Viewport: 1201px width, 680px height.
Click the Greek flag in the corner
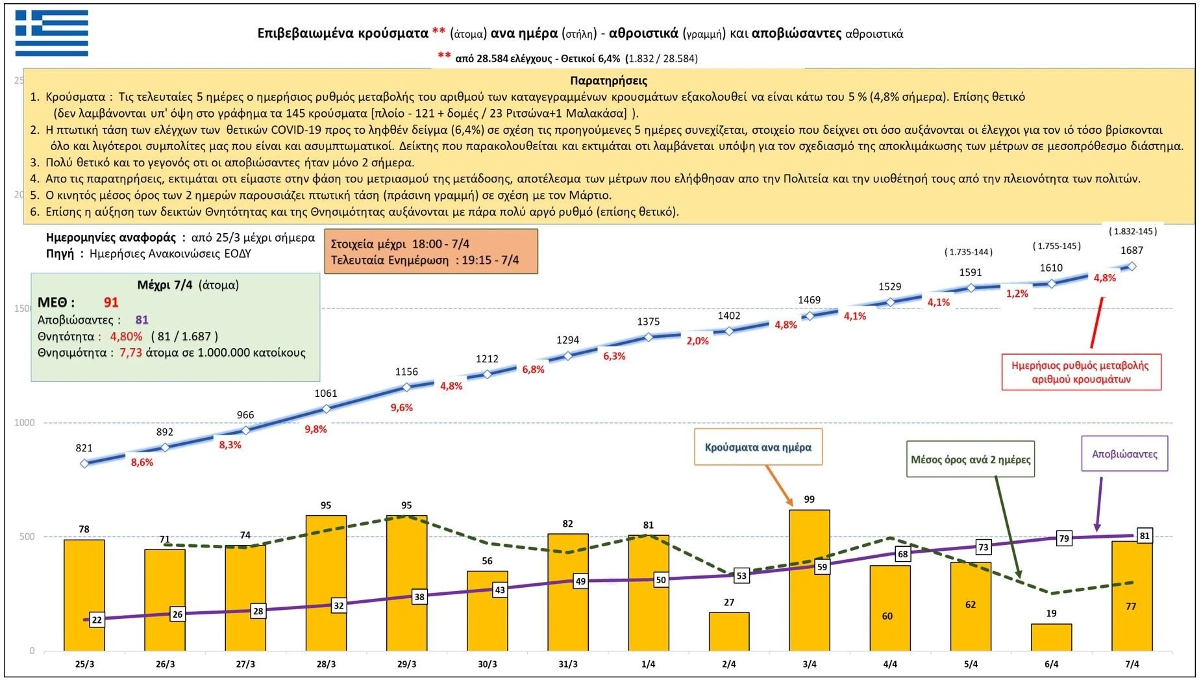(52, 33)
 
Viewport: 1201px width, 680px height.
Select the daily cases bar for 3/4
(810, 580)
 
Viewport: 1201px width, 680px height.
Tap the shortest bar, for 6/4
(1052, 637)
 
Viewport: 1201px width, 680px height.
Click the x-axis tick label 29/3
(407, 664)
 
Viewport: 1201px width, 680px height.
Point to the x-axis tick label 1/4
(649, 664)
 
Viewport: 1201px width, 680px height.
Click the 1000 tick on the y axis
(25, 423)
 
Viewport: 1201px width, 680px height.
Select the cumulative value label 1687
(1132, 250)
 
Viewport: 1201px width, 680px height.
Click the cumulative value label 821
(84, 448)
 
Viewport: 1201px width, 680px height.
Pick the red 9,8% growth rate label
(316, 429)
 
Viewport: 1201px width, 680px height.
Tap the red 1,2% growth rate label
(1017, 294)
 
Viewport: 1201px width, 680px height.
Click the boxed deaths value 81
(1145, 536)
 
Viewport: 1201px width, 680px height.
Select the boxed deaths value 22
(97, 620)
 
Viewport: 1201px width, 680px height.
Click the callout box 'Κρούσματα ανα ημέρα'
(758, 447)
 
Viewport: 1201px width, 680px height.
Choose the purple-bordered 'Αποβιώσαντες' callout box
(1124, 453)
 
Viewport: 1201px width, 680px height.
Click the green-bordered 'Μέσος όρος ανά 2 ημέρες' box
(970, 459)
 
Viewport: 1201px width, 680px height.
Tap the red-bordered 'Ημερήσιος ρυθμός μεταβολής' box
(1081, 373)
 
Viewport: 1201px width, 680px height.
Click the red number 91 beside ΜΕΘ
(111, 303)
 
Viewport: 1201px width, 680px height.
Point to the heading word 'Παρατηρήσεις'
(608, 81)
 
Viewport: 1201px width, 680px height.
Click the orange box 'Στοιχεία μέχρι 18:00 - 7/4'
(431, 251)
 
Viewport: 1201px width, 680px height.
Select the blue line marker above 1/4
(649, 336)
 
